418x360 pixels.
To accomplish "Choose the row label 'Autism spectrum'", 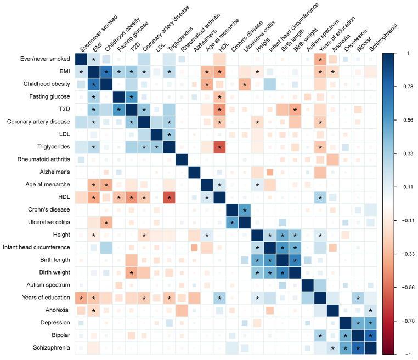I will click(49, 285).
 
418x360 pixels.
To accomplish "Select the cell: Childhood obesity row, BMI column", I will click(94, 84).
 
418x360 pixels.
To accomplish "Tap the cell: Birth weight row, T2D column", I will click(132, 272).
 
